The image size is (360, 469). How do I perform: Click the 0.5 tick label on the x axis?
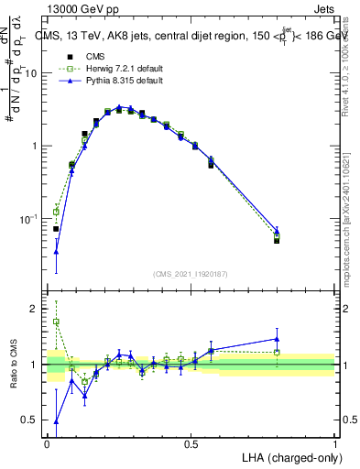point(191,444)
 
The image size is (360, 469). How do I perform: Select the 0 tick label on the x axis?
point(47,444)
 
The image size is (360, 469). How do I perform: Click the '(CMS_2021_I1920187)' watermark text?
point(191,272)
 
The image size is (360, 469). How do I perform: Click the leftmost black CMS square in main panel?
point(56,229)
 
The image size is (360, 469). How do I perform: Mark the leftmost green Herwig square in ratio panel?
point(56,322)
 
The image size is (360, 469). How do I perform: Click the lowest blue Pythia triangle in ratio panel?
point(56,422)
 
